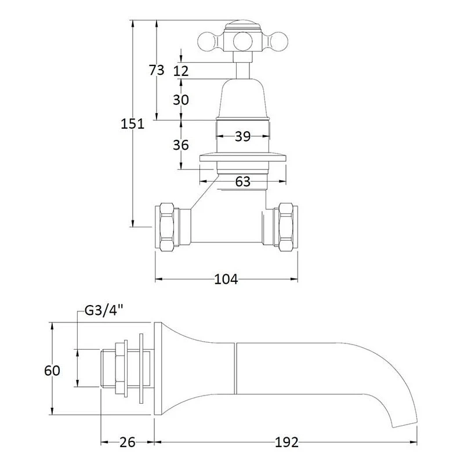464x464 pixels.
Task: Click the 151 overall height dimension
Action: point(132,124)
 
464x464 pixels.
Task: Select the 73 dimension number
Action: point(156,70)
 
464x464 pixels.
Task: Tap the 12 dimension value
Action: point(181,71)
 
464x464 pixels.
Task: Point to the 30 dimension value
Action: point(181,100)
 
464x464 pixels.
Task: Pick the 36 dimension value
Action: point(181,145)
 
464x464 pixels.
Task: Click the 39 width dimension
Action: point(242,136)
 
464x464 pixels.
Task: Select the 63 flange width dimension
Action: point(242,182)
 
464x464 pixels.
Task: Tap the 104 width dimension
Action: point(226,279)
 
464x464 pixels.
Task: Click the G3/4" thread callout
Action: point(104,311)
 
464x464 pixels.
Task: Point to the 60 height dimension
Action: point(52,371)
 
